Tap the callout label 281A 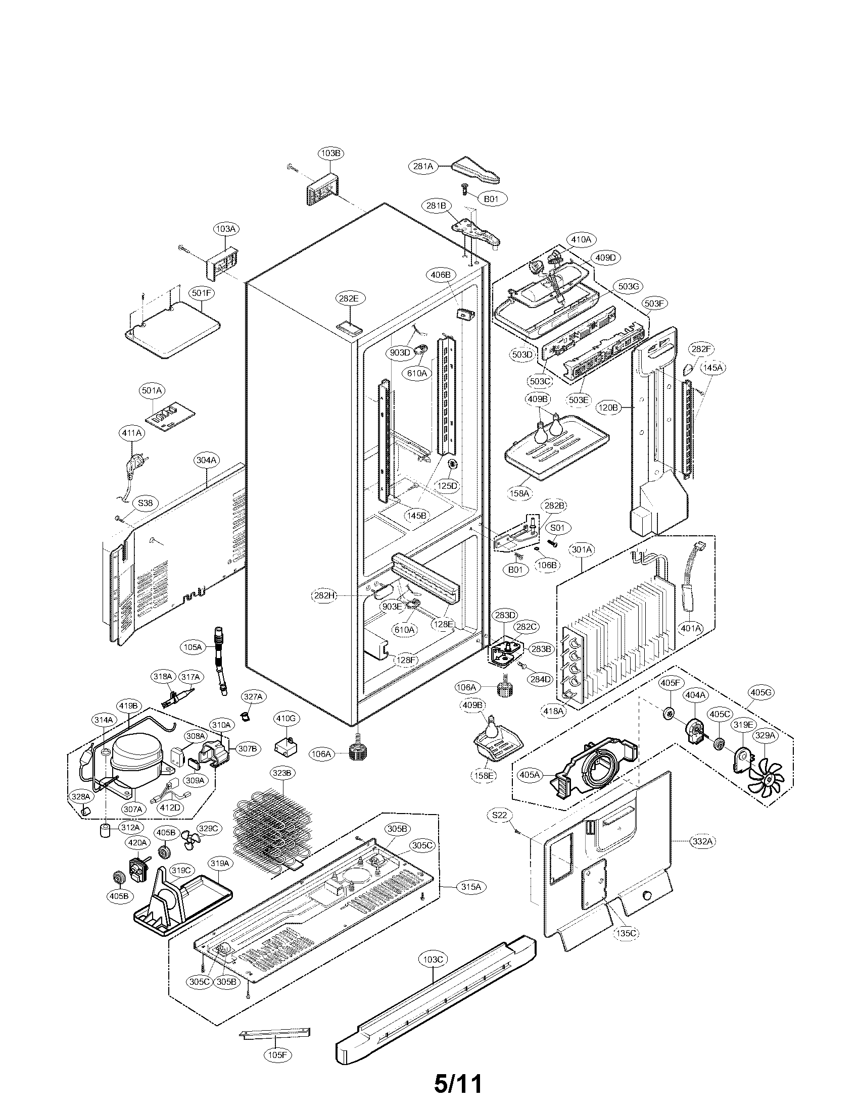coord(423,166)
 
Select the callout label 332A coord(702,841)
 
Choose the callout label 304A coord(207,460)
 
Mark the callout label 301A coord(582,550)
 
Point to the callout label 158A coord(520,493)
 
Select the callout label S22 coord(500,815)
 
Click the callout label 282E coord(349,298)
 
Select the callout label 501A coord(152,391)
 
